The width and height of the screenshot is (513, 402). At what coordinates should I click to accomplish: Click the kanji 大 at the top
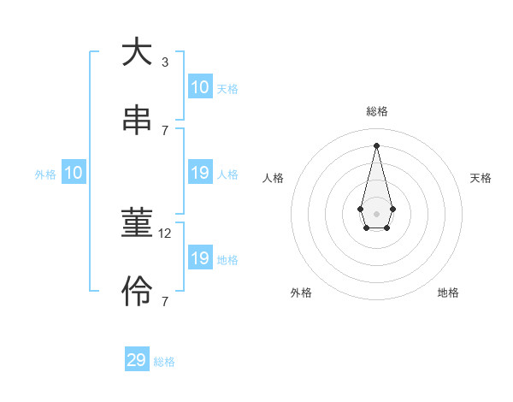tap(137, 53)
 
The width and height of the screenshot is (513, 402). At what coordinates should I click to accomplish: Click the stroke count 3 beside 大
tap(164, 62)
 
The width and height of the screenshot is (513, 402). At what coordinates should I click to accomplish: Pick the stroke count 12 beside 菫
tap(167, 234)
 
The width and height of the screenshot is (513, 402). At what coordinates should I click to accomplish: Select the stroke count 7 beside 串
tap(164, 130)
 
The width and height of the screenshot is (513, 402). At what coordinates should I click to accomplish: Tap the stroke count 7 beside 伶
tap(164, 301)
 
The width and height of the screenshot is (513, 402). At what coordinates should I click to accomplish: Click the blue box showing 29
tap(137, 360)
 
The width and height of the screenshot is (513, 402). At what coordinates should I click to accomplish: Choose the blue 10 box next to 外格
tap(74, 174)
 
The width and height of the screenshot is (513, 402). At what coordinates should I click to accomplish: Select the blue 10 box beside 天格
tap(199, 87)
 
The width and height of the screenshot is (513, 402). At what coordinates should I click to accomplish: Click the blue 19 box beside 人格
tap(199, 174)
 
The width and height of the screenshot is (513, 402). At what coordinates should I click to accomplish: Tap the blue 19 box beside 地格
tap(199, 258)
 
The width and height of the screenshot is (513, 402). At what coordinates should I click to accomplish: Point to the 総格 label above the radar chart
tap(377, 111)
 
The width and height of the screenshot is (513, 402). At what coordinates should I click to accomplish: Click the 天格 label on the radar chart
tap(481, 178)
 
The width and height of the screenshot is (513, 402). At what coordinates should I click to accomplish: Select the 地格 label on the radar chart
tap(448, 293)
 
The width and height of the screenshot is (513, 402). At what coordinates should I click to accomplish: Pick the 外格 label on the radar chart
tap(301, 293)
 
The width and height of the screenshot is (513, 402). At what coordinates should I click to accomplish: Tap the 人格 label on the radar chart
tap(274, 178)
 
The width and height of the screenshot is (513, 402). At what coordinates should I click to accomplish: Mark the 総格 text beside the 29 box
tap(164, 361)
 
